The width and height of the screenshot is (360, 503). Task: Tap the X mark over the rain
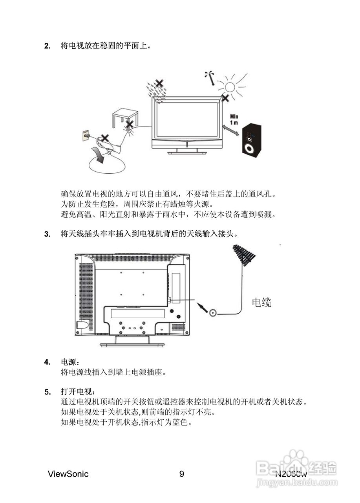pos(159,83)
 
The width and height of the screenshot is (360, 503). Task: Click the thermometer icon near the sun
pos(211,78)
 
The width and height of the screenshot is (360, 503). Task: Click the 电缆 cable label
pos(261,302)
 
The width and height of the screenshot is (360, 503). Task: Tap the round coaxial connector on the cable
pos(213,313)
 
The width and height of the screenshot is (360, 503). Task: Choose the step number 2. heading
pos(48,46)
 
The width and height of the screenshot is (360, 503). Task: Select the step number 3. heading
pos(48,235)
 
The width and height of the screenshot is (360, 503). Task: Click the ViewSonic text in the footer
pos(68,474)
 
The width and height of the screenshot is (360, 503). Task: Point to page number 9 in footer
pos(181,474)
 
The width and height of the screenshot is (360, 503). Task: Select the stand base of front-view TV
pos(186,152)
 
